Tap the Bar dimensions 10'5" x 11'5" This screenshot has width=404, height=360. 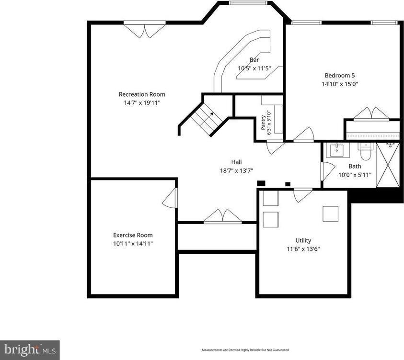point(254,68)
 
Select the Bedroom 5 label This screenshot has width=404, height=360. point(339,75)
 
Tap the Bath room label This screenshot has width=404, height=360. point(355,166)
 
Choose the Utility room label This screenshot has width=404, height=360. point(303,240)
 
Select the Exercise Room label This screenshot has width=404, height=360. point(133,235)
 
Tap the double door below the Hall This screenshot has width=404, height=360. point(223,217)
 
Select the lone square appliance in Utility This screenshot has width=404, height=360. point(331,213)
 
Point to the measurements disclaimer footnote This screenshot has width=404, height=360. point(245,350)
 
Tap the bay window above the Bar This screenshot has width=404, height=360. point(248,3)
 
